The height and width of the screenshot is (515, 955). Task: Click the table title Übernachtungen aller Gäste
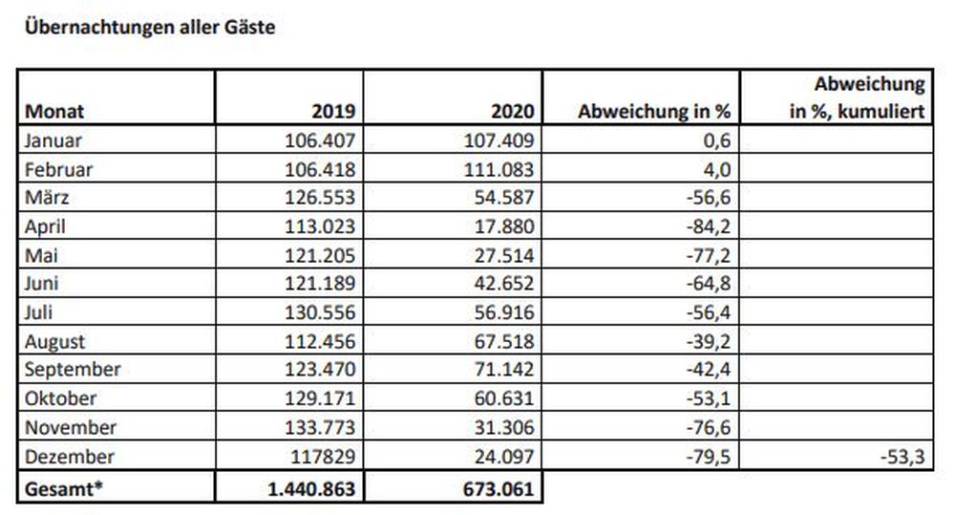150,27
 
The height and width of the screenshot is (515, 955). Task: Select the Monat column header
54,112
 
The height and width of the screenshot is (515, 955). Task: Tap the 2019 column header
333,112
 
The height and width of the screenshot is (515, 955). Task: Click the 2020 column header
512,112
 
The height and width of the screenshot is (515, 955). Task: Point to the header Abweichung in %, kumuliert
858,97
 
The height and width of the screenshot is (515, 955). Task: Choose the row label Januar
53,140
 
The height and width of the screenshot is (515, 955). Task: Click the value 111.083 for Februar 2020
499,169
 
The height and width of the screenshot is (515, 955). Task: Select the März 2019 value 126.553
320,198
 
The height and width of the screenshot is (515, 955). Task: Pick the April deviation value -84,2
709,226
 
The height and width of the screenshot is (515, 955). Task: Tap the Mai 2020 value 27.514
504,255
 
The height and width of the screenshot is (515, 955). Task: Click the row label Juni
41,284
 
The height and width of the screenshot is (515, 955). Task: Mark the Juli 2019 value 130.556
320,312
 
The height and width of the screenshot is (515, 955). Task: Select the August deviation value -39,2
709,341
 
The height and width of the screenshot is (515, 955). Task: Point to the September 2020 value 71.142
504,370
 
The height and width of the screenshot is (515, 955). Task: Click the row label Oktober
60,398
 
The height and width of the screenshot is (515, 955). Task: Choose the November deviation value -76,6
709,427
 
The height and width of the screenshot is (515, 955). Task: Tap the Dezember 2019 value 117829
323,457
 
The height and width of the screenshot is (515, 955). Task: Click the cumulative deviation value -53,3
902,457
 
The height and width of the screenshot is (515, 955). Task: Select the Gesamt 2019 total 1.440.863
311,489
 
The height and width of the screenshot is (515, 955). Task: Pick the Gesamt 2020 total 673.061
499,489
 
